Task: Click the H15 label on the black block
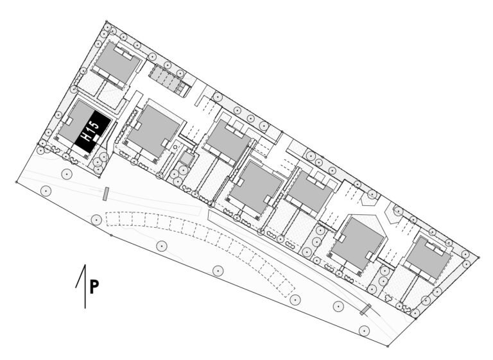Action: (91, 131)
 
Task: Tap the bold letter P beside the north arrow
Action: (94, 287)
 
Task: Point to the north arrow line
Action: (85, 286)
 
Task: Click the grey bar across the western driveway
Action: (107, 193)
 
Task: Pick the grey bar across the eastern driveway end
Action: (366, 309)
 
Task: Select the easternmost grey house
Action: (429, 258)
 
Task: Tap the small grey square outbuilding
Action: (186, 159)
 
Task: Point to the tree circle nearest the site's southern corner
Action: (364, 330)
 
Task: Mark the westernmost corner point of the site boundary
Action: (16, 182)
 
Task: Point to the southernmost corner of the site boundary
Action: (388, 346)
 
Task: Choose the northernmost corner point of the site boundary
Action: (107, 21)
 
